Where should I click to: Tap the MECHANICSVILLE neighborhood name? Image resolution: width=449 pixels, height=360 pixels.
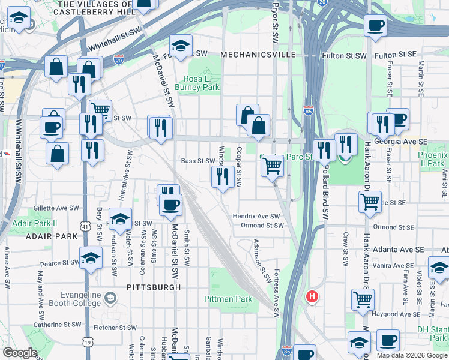258,55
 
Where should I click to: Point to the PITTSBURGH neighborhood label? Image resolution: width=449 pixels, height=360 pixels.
154,287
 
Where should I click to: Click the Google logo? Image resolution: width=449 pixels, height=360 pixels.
20,353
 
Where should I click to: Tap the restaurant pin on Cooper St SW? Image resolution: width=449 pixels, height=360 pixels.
222,176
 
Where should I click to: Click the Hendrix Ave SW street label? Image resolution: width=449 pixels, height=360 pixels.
256,216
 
